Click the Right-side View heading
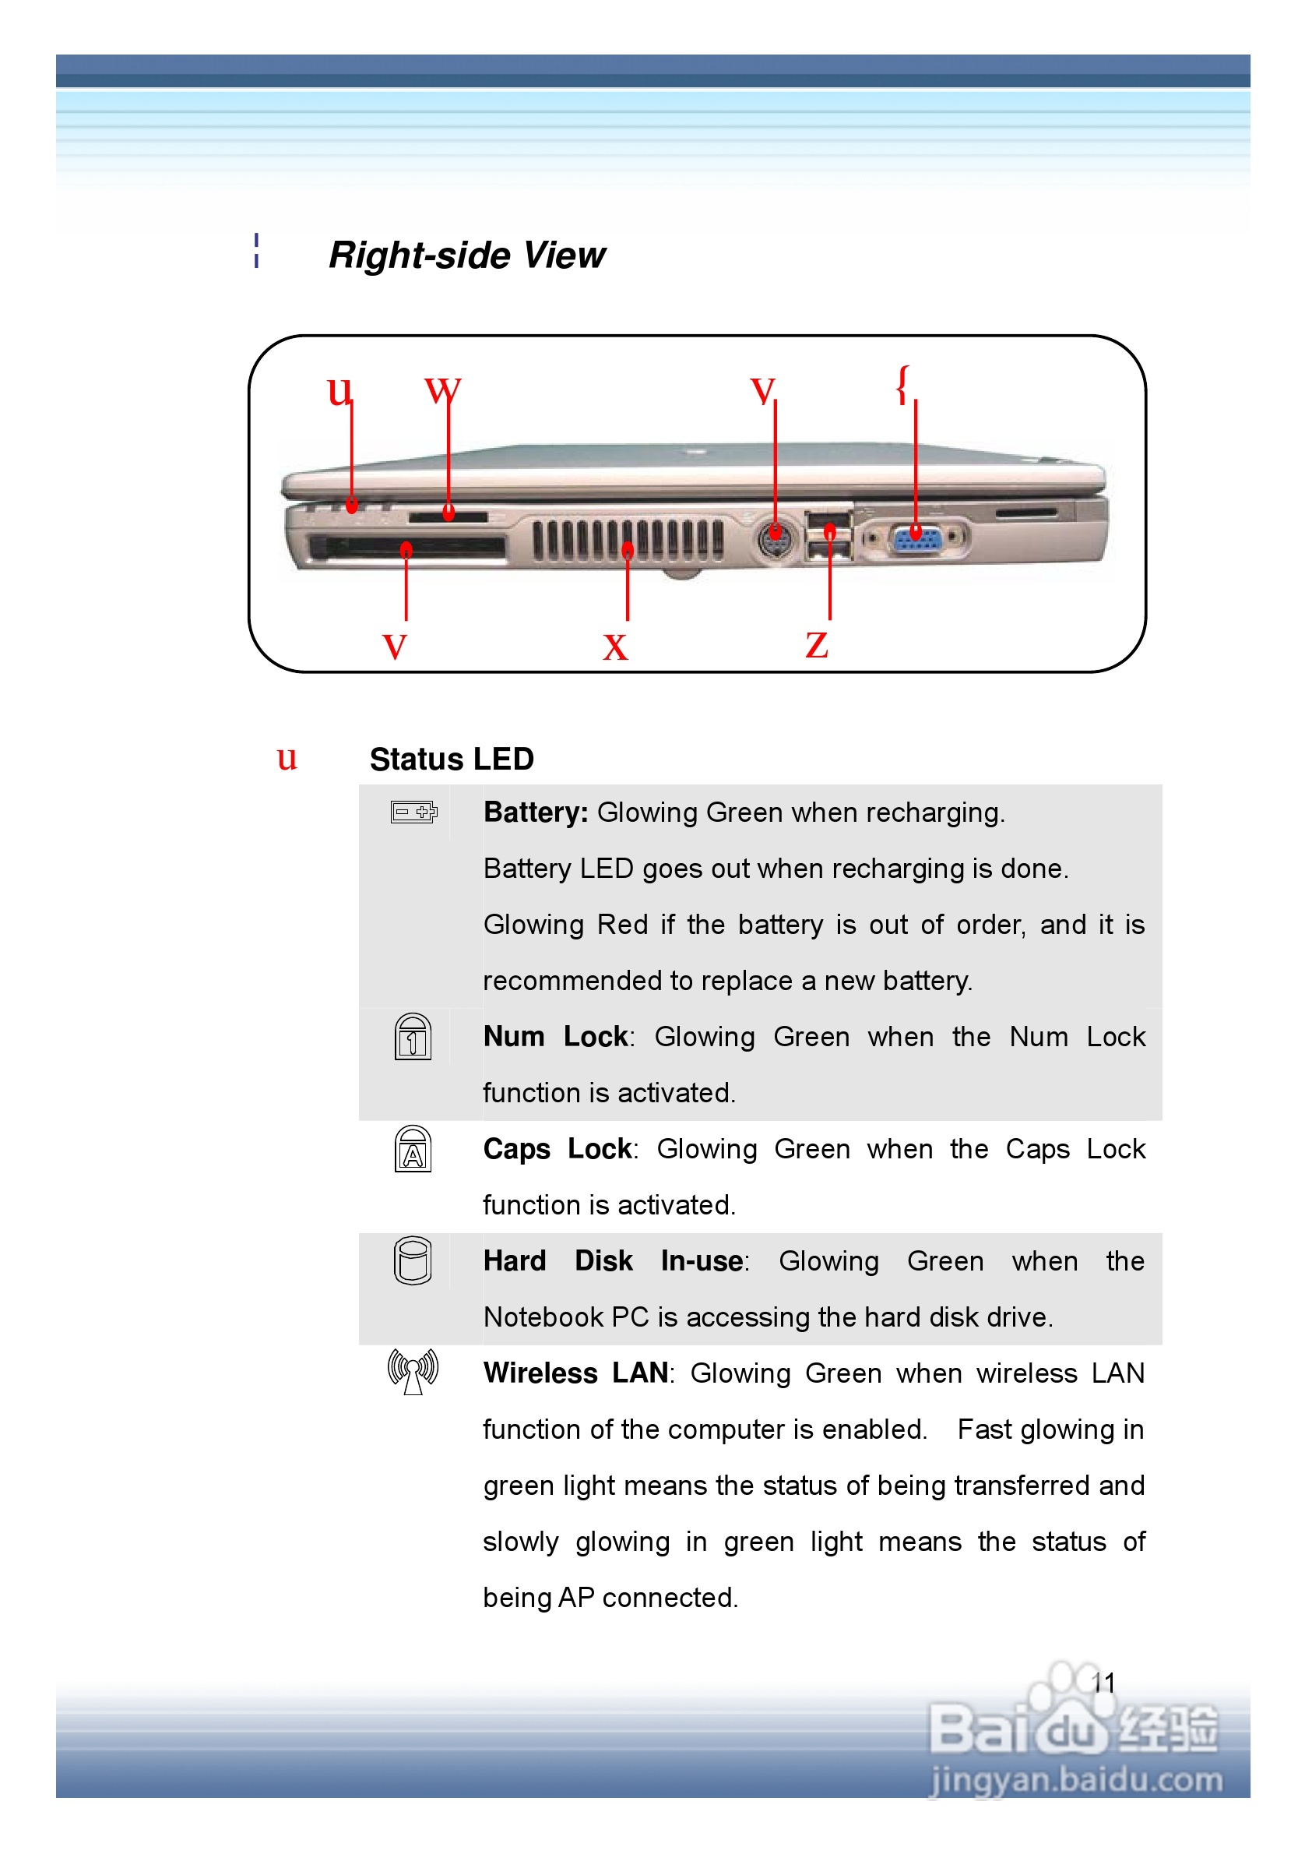[466, 256]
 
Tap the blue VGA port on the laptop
[915, 538]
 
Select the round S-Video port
[775, 538]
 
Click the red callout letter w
[442, 390]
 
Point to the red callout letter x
[615, 647]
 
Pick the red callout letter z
[817, 645]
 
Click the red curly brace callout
[903, 383]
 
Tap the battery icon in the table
[413, 812]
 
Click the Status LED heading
[451, 759]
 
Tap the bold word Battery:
[536, 812]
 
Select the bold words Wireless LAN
[575, 1373]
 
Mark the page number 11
[1103, 1683]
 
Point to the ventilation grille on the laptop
[627, 539]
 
